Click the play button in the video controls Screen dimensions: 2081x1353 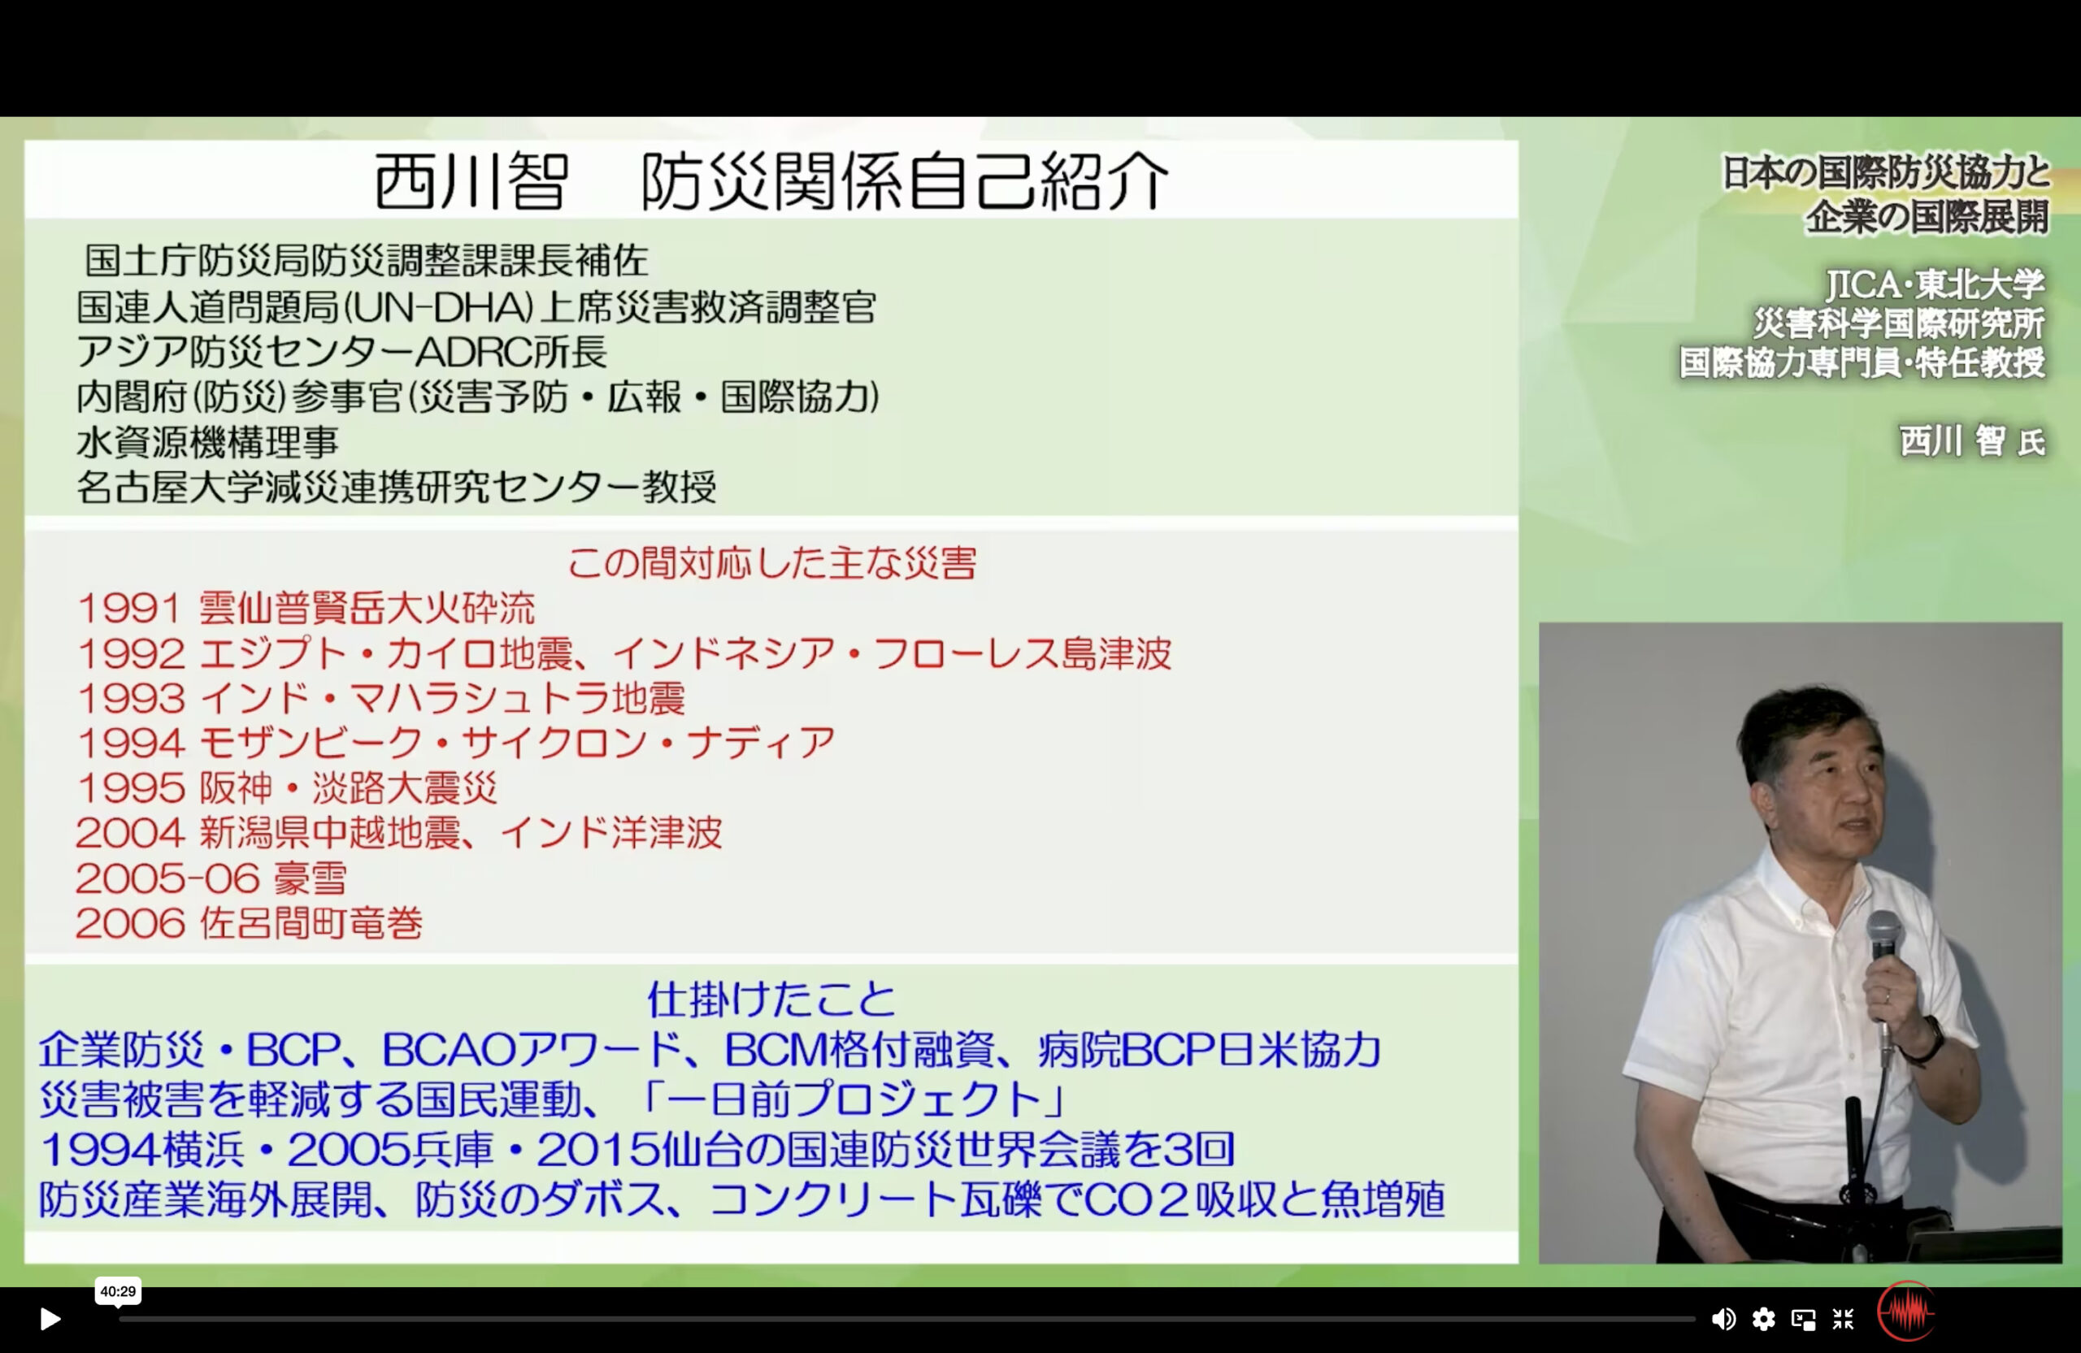pyautogui.click(x=50, y=1319)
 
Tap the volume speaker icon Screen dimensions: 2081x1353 pyautogui.click(x=1723, y=1319)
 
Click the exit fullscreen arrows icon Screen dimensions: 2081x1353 pyautogui.click(x=1843, y=1319)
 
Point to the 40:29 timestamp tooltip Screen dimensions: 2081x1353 pyautogui.click(x=118, y=1291)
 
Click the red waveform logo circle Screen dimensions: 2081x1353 pyautogui.click(x=1906, y=1311)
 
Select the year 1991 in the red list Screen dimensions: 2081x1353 pyautogui.click(x=129, y=609)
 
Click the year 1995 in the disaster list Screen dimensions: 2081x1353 pyautogui.click(x=129, y=788)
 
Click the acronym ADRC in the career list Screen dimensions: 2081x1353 pyautogui.click(x=471, y=352)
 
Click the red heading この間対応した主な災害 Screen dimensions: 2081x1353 pyautogui.click(x=772, y=563)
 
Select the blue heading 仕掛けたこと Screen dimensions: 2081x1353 pyautogui.click(x=771, y=999)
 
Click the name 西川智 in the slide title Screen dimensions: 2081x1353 pyautogui.click(x=471, y=181)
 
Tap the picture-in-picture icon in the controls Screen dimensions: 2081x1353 pyautogui.click(x=1803, y=1319)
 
